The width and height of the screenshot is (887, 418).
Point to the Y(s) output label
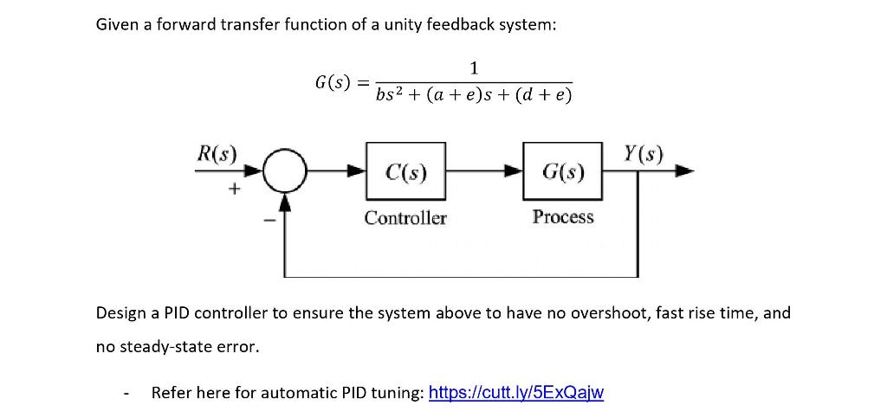pos(643,154)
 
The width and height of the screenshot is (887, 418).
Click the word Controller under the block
pos(405,218)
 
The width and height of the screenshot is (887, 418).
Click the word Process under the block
pos(563,217)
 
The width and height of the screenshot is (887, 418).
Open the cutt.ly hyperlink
pos(516,393)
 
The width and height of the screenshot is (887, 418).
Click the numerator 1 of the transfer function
pos(473,68)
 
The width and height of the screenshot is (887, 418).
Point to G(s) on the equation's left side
pos(333,82)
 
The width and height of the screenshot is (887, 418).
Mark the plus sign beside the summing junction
pos(232,190)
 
